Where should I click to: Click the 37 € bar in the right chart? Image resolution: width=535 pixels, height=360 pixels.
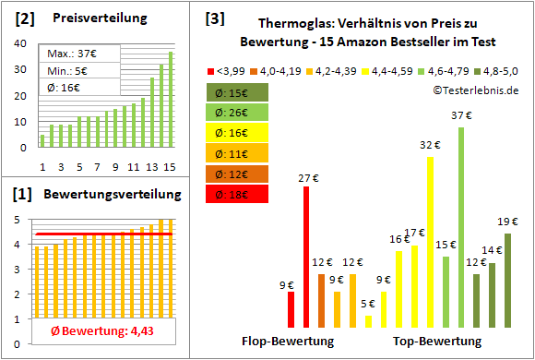click(x=460, y=227)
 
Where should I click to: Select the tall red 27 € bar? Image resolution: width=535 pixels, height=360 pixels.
click(x=306, y=257)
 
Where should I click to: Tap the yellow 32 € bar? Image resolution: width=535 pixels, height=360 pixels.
click(x=430, y=242)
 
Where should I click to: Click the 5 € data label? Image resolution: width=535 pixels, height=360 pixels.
click(x=368, y=304)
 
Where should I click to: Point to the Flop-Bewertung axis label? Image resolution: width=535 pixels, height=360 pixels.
click(x=288, y=341)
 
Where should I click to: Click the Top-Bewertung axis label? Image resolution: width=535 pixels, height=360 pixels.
click(x=437, y=341)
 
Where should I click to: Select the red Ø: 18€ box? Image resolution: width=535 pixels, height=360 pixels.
click(x=238, y=194)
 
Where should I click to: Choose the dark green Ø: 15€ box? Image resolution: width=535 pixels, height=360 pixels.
click(x=238, y=92)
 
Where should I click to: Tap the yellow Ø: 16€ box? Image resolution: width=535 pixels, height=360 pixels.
click(x=238, y=133)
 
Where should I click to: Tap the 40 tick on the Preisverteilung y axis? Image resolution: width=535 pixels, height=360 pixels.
click(x=22, y=42)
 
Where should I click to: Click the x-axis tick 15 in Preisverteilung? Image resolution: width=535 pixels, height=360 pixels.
click(x=169, y=166)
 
